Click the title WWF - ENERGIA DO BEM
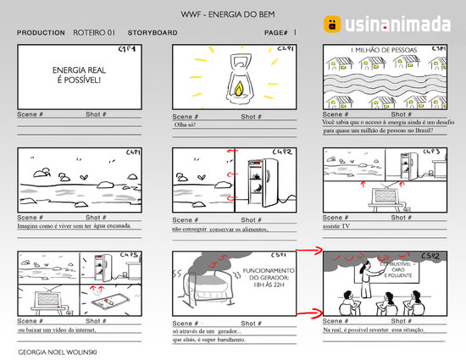pyautogui.click(x=233, y=15)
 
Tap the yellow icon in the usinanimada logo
pyautogui.click(x=334, y=25)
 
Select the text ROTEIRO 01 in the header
pyautogui.click(x=93, y=32)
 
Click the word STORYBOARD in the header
pyautogui.click(x=152, y=32)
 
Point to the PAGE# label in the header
pyautogui.click(x=276, y=32)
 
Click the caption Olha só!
pyautogui.click(x=185, y=125)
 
